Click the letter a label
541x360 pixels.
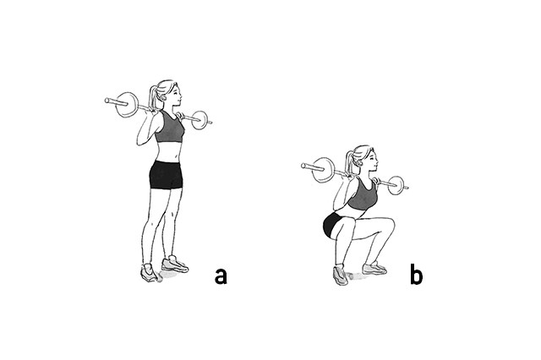tap(221, 276)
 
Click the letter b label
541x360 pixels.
tap(417, 274)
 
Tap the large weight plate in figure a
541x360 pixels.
tap(127, 105)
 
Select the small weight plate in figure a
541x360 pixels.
tap(199, 120)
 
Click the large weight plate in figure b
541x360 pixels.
tap(323, 170)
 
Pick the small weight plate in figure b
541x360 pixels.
tap(396, 185)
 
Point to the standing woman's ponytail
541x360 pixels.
tap(153, 99)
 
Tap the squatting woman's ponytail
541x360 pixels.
tap(349, 164)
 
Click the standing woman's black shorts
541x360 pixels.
tap(166, 175)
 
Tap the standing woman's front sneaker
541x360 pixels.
tap(175, 265)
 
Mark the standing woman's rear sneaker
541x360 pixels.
tap(150, 273)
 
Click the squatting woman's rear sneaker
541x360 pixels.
tap(341, 275)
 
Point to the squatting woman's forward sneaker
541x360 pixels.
tap(374, 269)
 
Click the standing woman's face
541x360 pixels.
tap(175, 94)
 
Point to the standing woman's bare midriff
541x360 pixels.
tap(168, 152)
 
